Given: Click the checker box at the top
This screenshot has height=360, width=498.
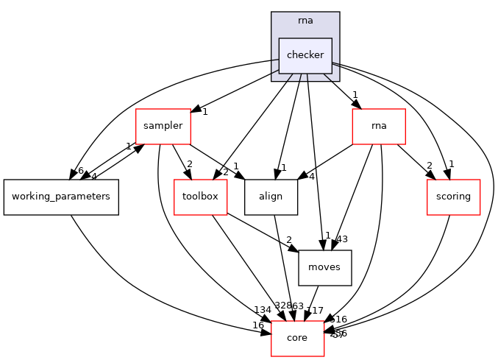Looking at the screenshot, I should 305,56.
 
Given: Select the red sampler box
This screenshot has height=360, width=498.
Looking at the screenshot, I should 163,126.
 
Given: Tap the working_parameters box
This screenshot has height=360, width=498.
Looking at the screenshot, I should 61,197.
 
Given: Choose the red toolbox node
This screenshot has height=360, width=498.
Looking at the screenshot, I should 200,197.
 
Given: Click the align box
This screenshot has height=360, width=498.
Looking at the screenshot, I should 271,197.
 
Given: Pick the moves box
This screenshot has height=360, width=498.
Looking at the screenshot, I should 324,268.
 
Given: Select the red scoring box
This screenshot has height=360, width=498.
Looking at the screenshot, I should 453,197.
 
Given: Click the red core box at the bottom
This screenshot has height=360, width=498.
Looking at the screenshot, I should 298,339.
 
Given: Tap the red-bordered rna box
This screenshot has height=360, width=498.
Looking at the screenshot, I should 379,126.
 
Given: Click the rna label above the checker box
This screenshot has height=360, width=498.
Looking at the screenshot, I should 305,20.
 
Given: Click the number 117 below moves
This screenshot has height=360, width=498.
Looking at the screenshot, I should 314,310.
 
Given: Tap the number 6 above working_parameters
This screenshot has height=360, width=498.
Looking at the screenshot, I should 81,170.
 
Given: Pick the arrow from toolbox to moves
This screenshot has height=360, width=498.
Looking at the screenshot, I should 261,233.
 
